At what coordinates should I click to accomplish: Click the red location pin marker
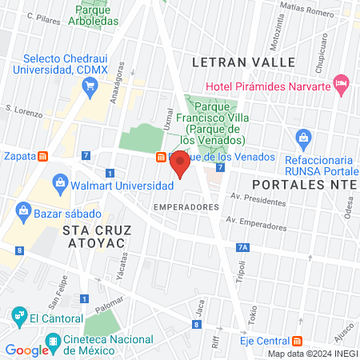pyautogui.click(x=180, y=166)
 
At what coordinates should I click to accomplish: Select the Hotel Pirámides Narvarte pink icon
pyautogui.click(x=342, y=82)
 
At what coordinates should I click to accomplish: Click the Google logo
pyautogui.click(x=26, y=350)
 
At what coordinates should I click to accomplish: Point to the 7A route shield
pyautogui.click(x=243, y=248)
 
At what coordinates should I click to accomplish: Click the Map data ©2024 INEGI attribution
pyautogui.click(x=312, y=353)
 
